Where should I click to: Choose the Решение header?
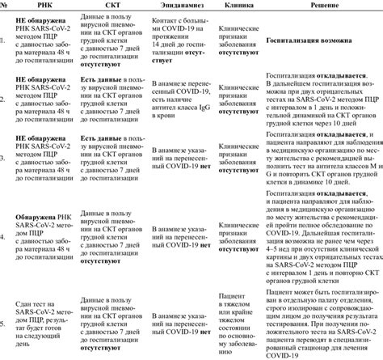(x=325, y=6)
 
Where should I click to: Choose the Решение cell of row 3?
(x=325, y=166)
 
